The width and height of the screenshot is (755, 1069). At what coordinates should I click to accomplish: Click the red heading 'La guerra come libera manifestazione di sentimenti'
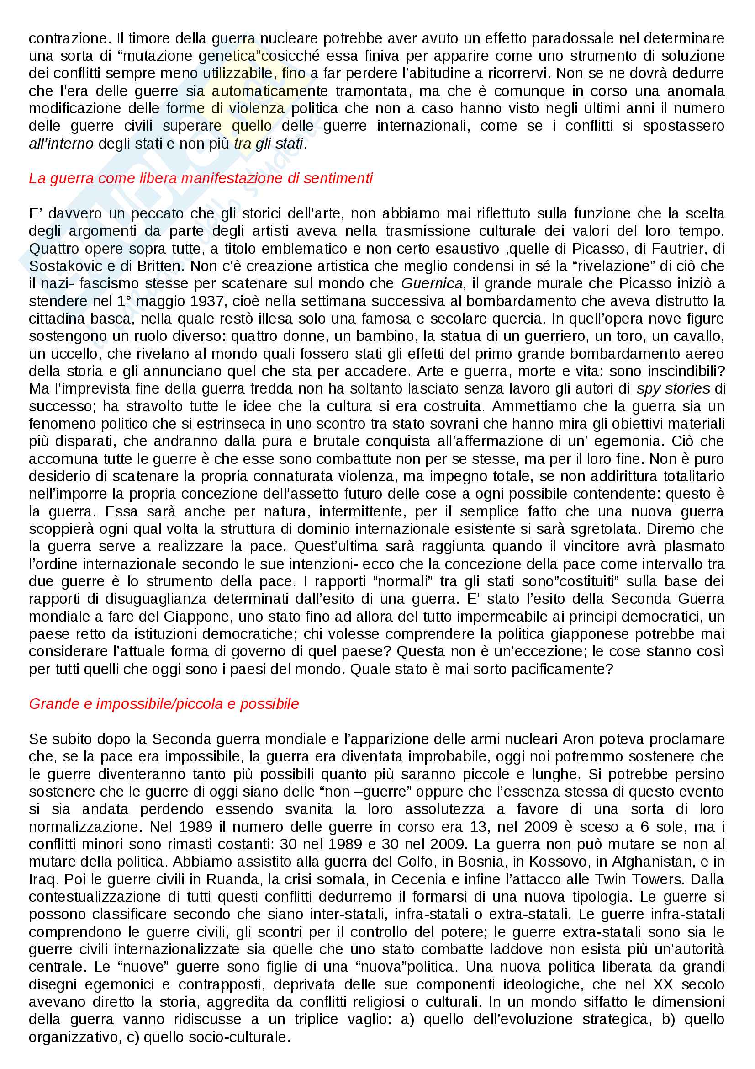201,178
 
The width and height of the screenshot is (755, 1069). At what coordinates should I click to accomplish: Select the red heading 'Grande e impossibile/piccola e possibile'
164,703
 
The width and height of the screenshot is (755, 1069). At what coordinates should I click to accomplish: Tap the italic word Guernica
432,283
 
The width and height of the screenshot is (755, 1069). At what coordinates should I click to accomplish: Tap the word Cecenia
418,879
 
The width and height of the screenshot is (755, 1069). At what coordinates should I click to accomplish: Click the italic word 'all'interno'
61,144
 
